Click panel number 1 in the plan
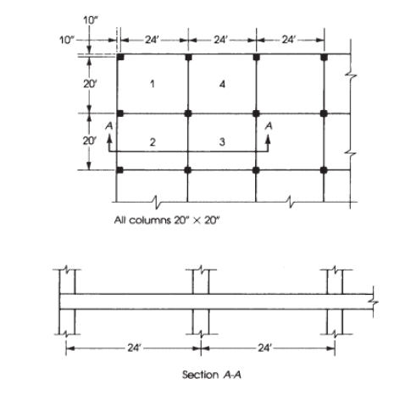(x=153, y=84)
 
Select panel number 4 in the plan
(x=222, y=84)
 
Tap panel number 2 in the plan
(x=153, y=142)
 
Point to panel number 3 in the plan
(x=222, y=142)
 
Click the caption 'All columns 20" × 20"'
(x=167, y=220)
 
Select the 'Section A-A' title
(x=212, y=375)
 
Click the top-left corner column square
(x=120, y=57)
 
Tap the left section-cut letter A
(x=109, y=125)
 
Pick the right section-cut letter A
(x=269, y=125)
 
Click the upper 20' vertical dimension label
(x=90, y=84)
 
